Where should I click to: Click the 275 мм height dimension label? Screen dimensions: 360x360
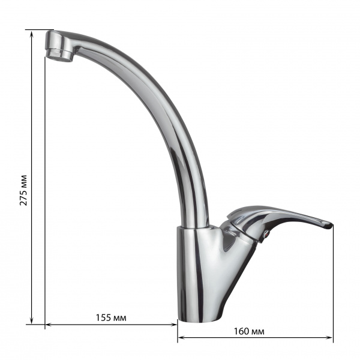[x=24, y=189]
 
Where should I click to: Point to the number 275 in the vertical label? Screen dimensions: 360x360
[x=24, y=197]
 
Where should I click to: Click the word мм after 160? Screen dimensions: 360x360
[x=259, y=331]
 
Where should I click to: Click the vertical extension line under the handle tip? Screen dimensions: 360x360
[x=332, y=282]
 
